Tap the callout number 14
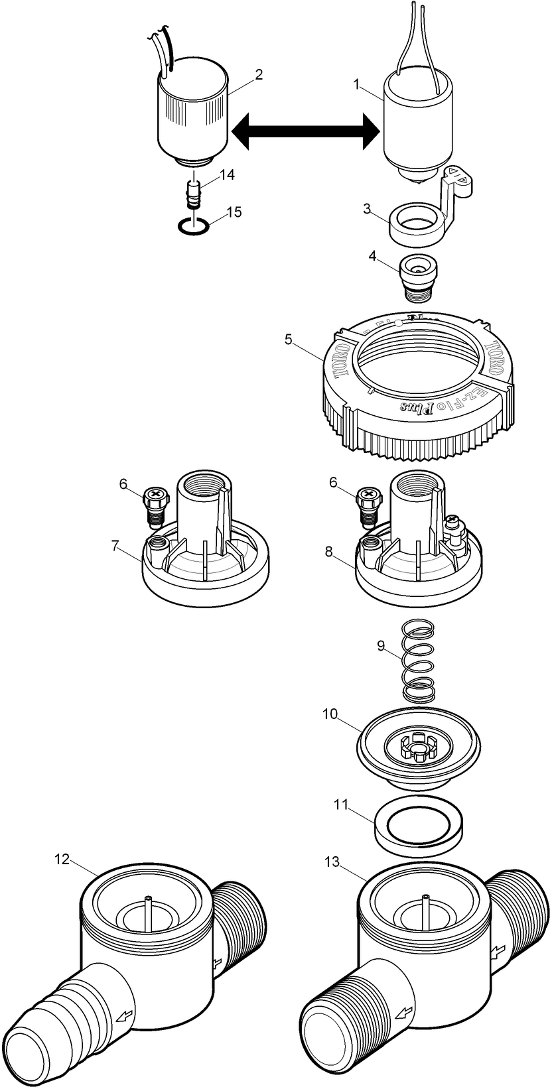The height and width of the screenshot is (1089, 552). (x=227, y=174)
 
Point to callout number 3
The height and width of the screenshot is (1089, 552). (x=367, y=209)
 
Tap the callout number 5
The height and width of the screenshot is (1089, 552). (x=288, y=339)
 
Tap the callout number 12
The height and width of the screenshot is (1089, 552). (x=62, y=860)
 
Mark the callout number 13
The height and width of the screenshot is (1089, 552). (x=332, y=862)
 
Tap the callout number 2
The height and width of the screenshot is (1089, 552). (x=259, y=74)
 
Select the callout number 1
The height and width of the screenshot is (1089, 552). (x=357, y=84)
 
